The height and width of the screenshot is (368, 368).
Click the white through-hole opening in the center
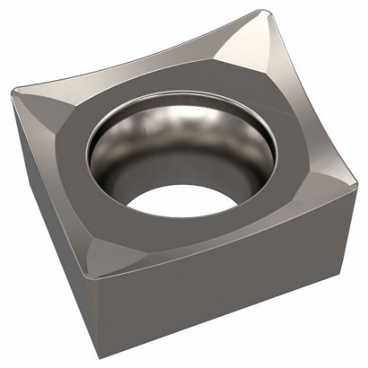pyautogui.click(x=173, y=194)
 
